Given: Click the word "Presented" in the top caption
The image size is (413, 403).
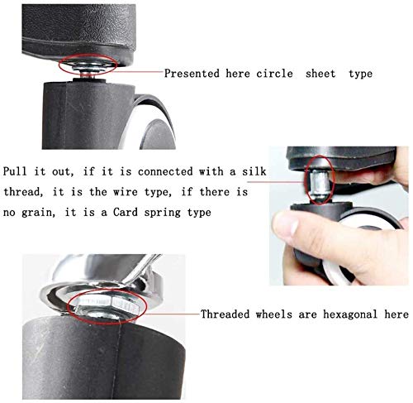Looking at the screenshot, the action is (192, 74).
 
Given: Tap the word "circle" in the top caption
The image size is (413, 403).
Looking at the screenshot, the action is (274, 74).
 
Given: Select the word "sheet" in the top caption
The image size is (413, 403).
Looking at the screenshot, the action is (320, 74).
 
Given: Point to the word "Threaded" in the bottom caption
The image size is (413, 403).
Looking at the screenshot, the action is (225, 314).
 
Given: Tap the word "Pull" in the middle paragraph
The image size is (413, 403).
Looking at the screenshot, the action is (15, 171).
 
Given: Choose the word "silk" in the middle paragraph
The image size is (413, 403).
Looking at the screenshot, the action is (254, 171).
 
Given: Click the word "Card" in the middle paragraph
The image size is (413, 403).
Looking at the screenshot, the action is (126, 213).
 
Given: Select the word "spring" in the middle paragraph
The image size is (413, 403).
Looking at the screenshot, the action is (163, 213).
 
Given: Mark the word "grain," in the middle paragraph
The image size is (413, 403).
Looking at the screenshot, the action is (38, 213).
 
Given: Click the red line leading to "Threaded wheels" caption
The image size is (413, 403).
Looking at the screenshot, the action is (172, 314).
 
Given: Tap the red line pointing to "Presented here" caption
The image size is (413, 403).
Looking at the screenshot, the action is (139, 71).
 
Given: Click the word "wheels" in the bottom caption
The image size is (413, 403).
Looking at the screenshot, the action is (274, 314).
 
